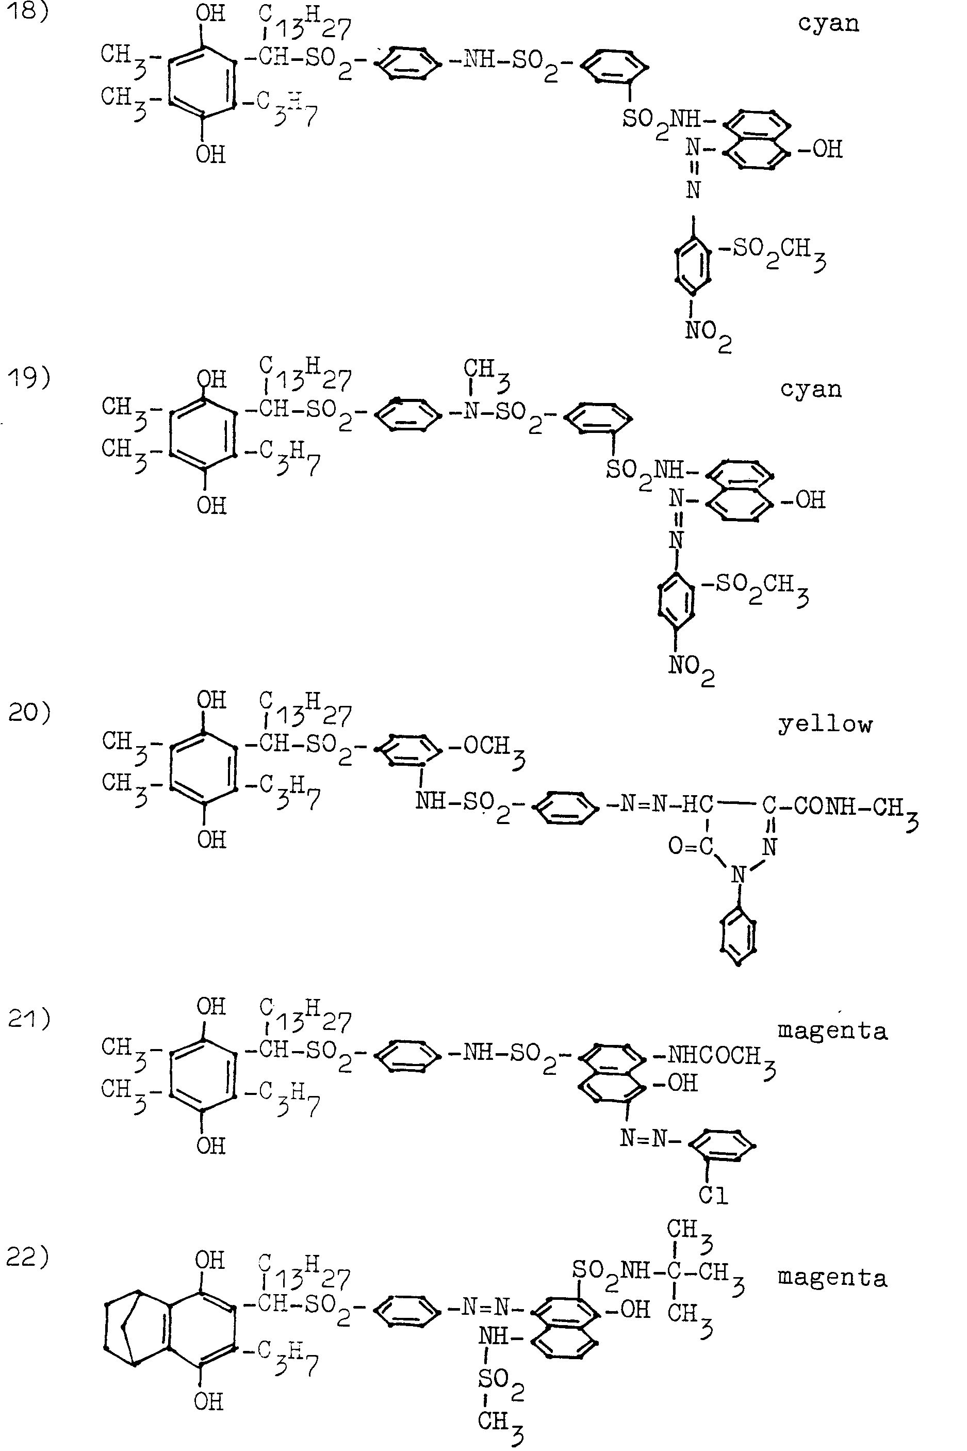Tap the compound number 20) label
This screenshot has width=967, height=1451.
[29, 713]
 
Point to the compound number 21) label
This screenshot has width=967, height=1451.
[28, 1019]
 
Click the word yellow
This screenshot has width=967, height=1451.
[825, 725]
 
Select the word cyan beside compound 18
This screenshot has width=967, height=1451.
[828, 23]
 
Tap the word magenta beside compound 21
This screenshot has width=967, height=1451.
[832, 1031]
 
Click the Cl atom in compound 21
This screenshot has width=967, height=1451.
[714, 1195]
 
